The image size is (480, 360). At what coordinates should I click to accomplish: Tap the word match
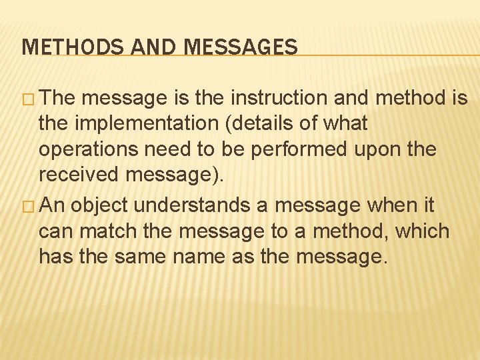click(x=103, y=231)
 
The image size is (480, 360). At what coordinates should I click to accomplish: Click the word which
click(x=425, y=231)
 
